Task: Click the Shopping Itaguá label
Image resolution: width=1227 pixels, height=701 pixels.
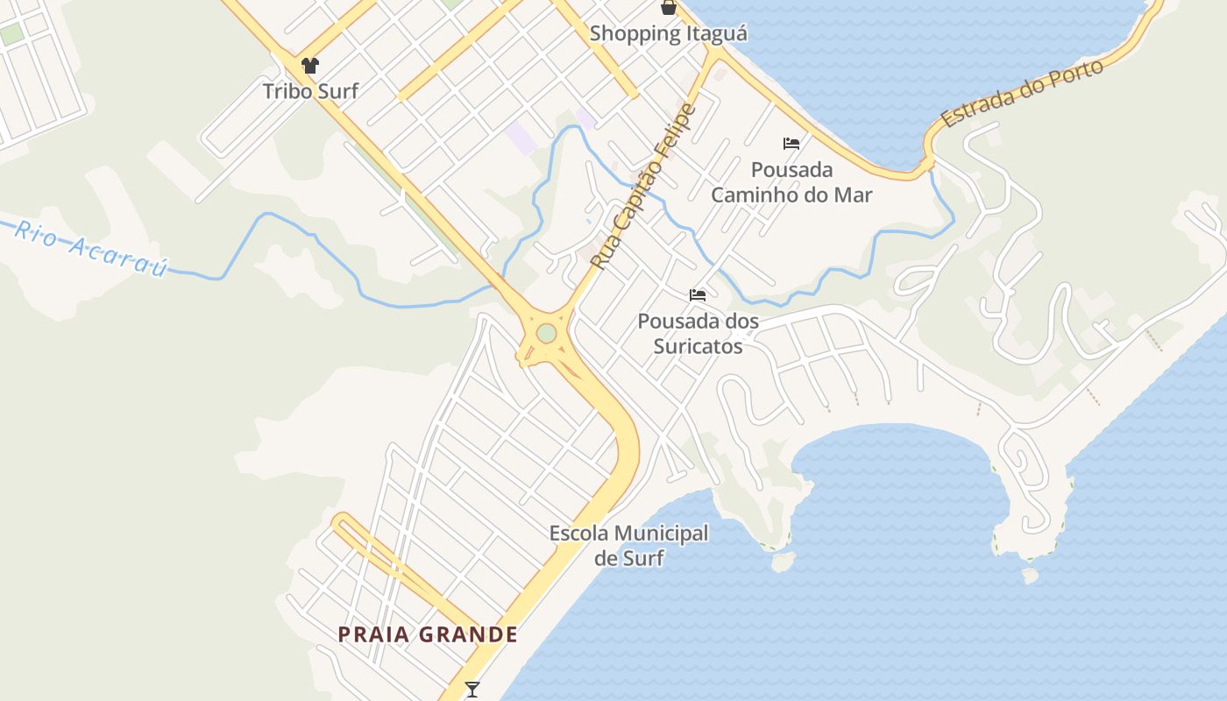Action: click(668, 34)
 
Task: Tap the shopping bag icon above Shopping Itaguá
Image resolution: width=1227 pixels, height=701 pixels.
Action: click(669, 8)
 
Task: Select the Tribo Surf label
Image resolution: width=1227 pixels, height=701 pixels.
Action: click(310, 90)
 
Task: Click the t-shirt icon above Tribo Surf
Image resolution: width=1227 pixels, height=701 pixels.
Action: click(309, 65)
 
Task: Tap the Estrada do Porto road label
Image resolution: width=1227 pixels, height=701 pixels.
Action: click(1021, 95)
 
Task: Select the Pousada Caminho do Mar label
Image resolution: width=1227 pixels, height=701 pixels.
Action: click(791, 181)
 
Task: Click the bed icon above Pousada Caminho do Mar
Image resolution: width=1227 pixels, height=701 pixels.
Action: click(791, 144)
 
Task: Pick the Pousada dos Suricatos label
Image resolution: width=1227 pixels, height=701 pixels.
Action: click(699, 334)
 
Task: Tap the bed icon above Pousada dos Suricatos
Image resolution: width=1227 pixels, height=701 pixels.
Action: click(698, 294)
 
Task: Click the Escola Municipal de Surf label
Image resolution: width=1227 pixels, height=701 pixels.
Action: click(628, 545)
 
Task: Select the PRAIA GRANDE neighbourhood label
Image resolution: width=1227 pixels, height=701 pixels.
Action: click(428, 634)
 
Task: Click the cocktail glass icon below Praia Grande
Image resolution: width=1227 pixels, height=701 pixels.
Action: click(472, 690)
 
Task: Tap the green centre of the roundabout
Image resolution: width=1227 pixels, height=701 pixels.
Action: click(546, 334)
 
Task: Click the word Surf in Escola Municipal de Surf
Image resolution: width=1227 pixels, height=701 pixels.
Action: click(642, 558)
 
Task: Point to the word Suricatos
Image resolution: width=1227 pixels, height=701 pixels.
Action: click(699, 346)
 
